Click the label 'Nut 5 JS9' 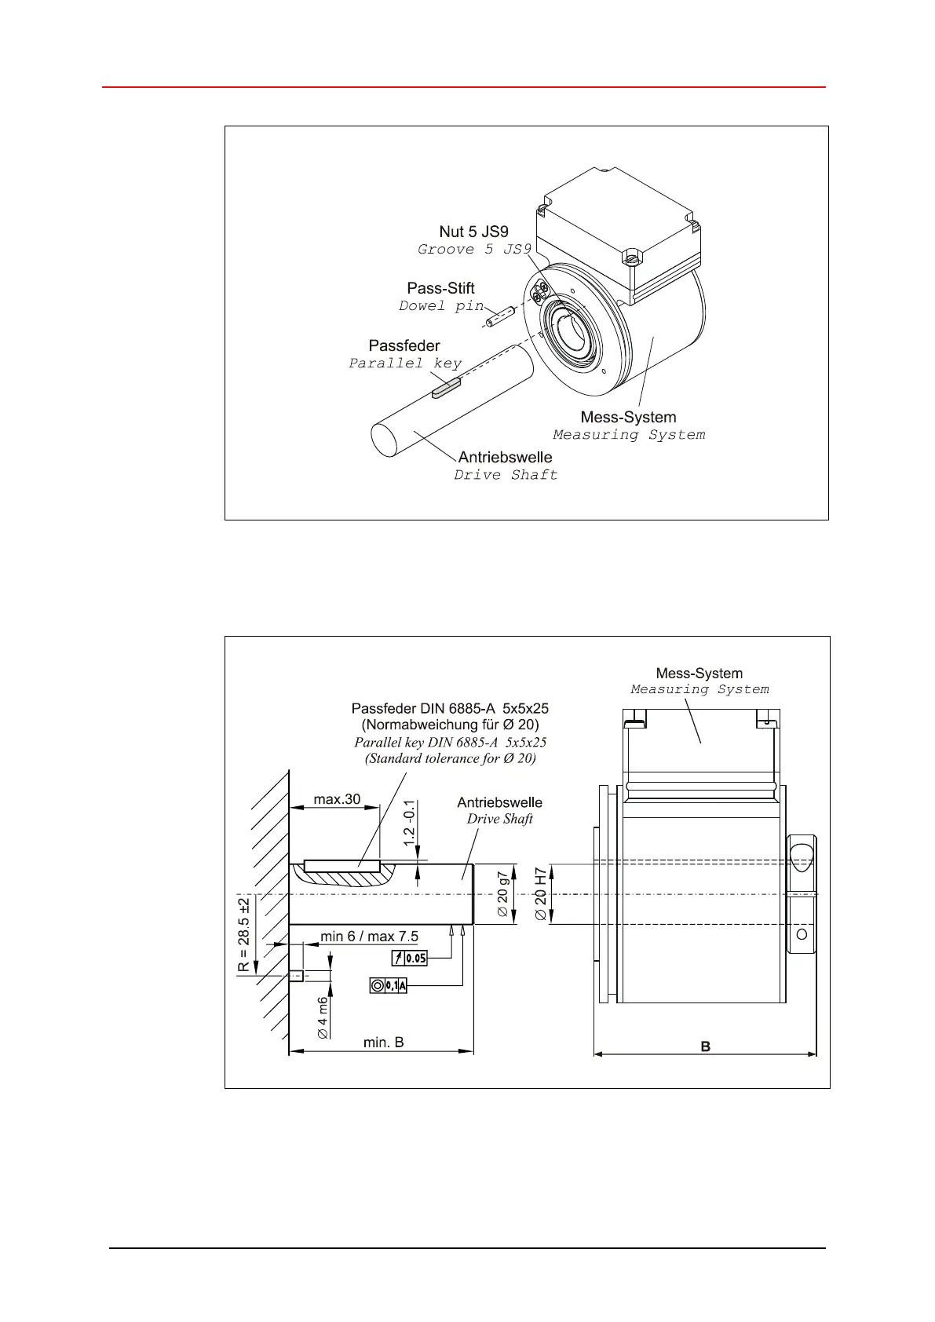(x=473, y=232)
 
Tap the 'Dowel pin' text (x=441, y=306)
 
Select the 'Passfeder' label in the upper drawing (x=404, y=345)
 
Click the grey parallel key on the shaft (x=444, y=387)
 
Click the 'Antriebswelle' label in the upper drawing (x=505, y=457)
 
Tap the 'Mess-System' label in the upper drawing (x=628, y=417)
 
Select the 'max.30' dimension (x=337, y=799)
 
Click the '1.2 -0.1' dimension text (x=409, y=823)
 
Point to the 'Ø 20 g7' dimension (x=503, y=895)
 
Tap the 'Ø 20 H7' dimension (x=541, y=895)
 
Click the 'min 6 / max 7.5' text (x=369, y=937)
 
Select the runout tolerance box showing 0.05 (x=409, y=958)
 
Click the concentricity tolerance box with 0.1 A (x=389, y=986)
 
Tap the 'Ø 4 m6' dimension (x=323, y=1018)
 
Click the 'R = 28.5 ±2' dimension (x=244, y=933)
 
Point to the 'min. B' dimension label (x=383, y=1043)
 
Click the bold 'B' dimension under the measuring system (x=705, y=1046)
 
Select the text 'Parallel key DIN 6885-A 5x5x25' (x=450, y=742)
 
